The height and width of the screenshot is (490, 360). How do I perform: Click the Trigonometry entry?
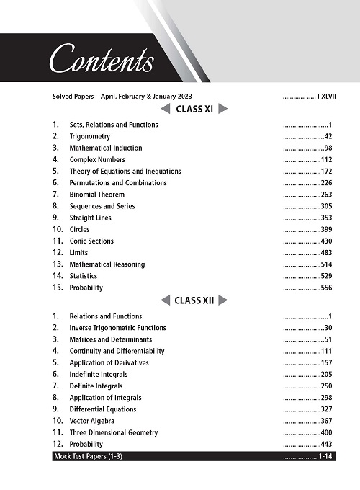(85, 136)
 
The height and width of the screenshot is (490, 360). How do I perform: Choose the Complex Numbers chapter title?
(97, 159)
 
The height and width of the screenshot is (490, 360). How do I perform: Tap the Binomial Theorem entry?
(96, 195)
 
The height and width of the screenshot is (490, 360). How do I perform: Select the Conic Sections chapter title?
(91, 241)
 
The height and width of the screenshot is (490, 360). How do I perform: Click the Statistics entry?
(84, 276)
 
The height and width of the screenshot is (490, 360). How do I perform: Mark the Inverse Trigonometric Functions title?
(117, 328)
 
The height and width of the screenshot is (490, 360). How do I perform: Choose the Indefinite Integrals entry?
(99, 375)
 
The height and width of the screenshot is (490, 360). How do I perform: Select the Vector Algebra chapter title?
(92, 421)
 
